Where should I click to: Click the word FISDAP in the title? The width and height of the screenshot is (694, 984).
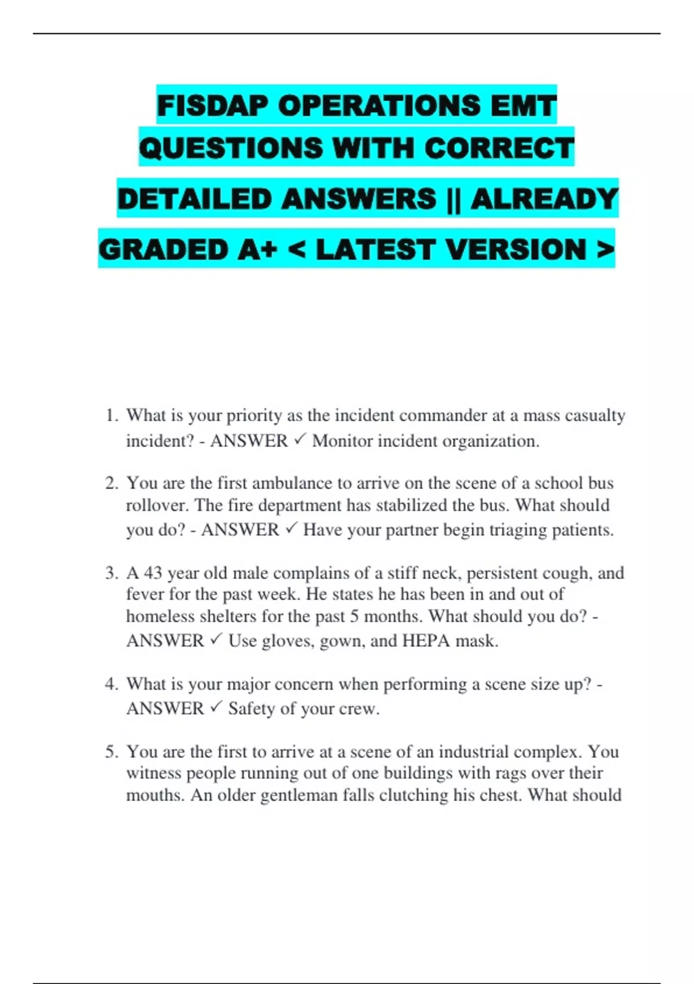point(212,106)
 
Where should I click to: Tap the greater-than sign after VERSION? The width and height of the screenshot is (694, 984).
point(604,250)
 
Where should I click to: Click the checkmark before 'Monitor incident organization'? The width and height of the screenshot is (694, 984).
point(300,440)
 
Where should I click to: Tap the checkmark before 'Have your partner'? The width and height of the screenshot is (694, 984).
point(291,529)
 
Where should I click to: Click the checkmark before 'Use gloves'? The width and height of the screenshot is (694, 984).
point(216,640)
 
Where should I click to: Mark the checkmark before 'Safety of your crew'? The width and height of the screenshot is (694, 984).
point(216,708)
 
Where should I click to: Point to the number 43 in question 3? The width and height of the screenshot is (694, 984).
point(153,573)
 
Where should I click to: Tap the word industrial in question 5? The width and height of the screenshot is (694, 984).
point(474,752)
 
